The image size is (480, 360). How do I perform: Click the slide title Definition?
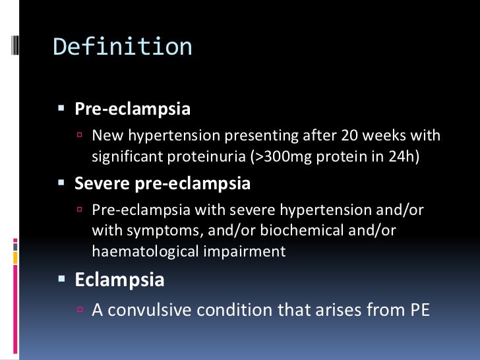coord(123,47)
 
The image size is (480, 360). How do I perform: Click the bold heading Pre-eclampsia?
coord(133,109)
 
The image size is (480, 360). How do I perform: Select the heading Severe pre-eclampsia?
coord(162,183)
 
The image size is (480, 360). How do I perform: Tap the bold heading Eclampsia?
coord(119,279)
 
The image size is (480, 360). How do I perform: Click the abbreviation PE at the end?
coord(415,310)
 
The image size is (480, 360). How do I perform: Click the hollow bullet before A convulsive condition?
coord(80,310)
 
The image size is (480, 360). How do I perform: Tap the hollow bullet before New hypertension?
coord(80,136)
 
